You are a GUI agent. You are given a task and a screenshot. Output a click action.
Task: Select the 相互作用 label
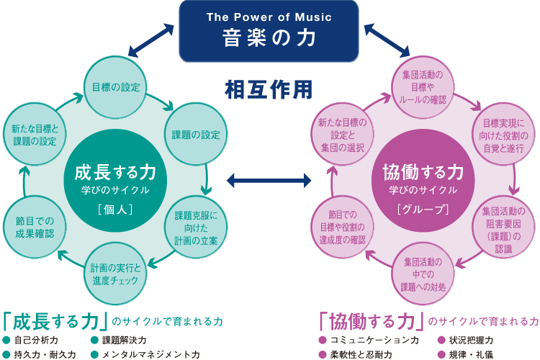pyautogui.click(x=269, y=89)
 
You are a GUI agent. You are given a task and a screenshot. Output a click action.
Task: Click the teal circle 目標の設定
pyautogui.click(x=115, y=87)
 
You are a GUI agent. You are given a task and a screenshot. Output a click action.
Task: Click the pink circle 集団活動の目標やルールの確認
pyautogui.click(x=423, y=86)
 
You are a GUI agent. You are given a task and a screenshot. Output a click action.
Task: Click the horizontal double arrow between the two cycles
pyautogui.click(x=269, y=178)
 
